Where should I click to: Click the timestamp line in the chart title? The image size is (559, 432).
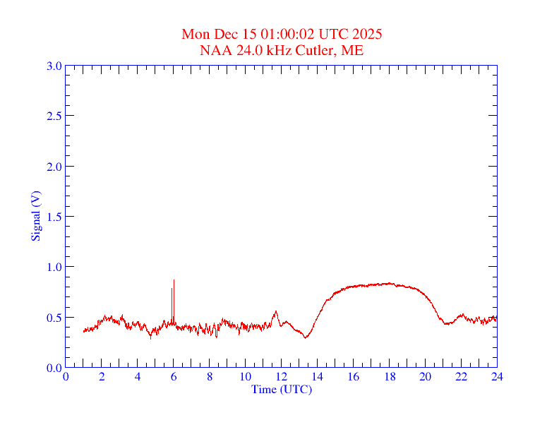point(282,34)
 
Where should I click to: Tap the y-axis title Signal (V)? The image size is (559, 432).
point(35,216)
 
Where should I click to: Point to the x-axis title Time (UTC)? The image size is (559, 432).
point(282,389)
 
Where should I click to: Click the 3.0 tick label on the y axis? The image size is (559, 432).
point(54,66)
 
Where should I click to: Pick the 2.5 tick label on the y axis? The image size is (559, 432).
point(54,116)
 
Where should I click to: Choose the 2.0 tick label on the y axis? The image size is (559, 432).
point(54,167)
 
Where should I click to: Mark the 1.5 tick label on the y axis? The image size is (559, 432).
point(54,217)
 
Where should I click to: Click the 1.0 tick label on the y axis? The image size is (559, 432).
point(54,267)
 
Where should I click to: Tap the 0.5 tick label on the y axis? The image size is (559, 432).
point(54,318)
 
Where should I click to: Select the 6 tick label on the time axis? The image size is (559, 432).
point(174,376)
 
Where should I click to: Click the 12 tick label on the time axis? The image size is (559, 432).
point(282,376)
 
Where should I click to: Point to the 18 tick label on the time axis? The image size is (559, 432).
point(390,376)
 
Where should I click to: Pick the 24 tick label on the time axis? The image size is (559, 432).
point(497,376)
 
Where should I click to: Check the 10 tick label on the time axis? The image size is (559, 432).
point(246,376)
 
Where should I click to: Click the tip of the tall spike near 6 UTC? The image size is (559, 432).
point(174,280)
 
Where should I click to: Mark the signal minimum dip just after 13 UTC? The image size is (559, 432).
point(306,337)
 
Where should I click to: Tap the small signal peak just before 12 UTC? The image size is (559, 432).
point(276,311)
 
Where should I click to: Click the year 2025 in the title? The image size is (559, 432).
point(368,34)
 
